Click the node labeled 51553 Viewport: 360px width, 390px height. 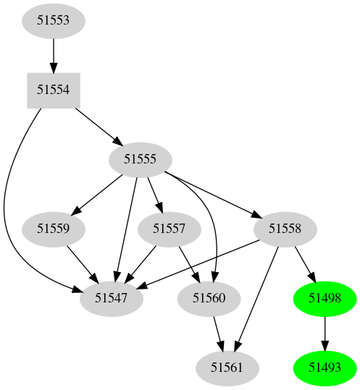click(53, 20)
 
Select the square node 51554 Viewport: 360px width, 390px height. click(53, 90)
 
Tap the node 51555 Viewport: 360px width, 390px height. click(140, 159)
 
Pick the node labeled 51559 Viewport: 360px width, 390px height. click(53, 229)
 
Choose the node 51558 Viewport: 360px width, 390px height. click(285, 229)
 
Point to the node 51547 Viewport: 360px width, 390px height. click(110, 298)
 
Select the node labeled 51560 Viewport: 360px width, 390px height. click(209, 298)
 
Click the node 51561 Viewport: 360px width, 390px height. click(227, 368)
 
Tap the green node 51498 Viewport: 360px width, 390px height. click(325, 298)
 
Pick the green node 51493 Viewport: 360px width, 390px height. click(325, 368)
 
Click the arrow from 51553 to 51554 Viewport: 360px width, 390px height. click(53, 55)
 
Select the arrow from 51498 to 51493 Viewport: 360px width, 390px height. click(325, 333)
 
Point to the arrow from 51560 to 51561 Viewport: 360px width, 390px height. click(218, 333)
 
